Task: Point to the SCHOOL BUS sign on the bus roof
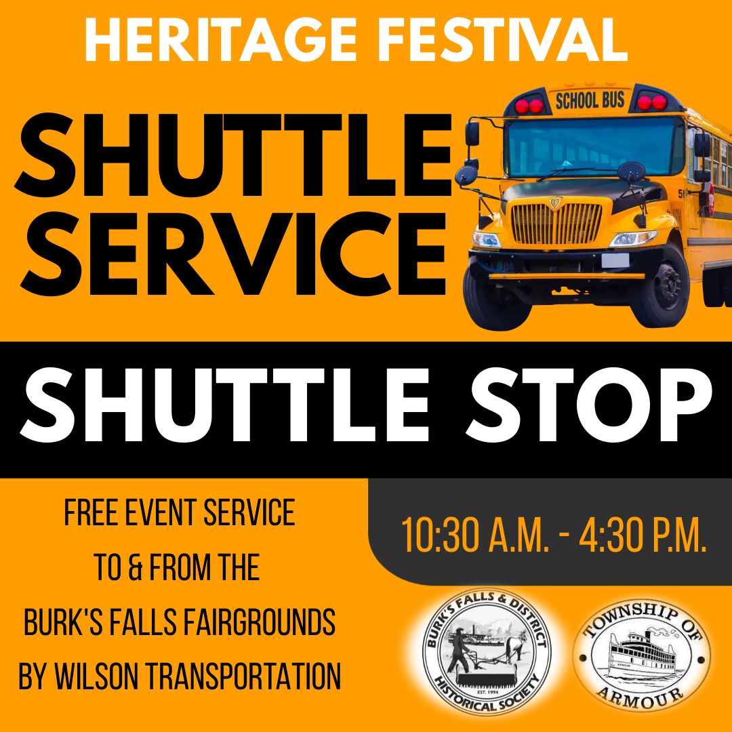pos(590,101)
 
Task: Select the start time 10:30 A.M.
pos(474,535)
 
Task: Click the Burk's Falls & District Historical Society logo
pos(487,653)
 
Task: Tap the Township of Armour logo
pos(642,654)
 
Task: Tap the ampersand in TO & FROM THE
pos(140,568)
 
